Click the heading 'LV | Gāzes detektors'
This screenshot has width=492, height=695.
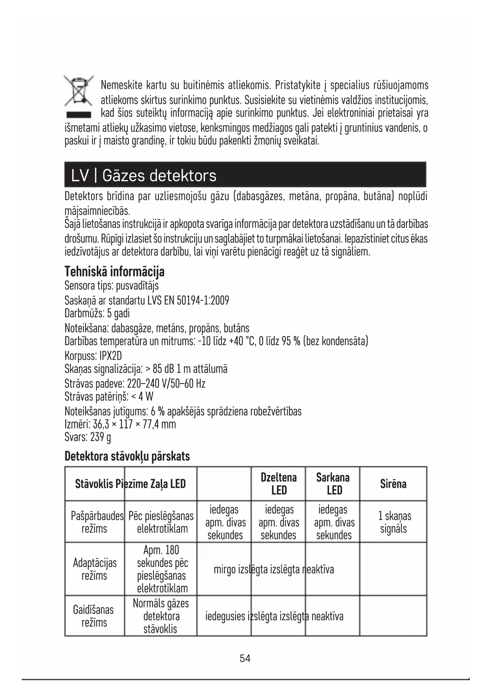pos(144,175)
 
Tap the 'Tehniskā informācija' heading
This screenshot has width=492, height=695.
pos(114,272)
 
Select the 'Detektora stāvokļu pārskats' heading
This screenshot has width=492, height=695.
pos(127,456)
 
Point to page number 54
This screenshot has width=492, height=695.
pos(245,659)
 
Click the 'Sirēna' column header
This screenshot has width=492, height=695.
pos(393,484)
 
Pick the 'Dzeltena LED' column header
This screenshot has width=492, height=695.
pos(278,484)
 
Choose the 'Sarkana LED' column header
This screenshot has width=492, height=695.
pos(333,484)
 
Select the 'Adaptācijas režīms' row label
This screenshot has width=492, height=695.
pos(95,569)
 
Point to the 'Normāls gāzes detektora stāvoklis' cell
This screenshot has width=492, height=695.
pos(161,616)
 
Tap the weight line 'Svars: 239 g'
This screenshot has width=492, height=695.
pos(88,437)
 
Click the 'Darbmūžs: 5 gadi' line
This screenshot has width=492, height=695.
pos(97,313)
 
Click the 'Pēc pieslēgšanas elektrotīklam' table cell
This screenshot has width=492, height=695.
pos(161,522)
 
